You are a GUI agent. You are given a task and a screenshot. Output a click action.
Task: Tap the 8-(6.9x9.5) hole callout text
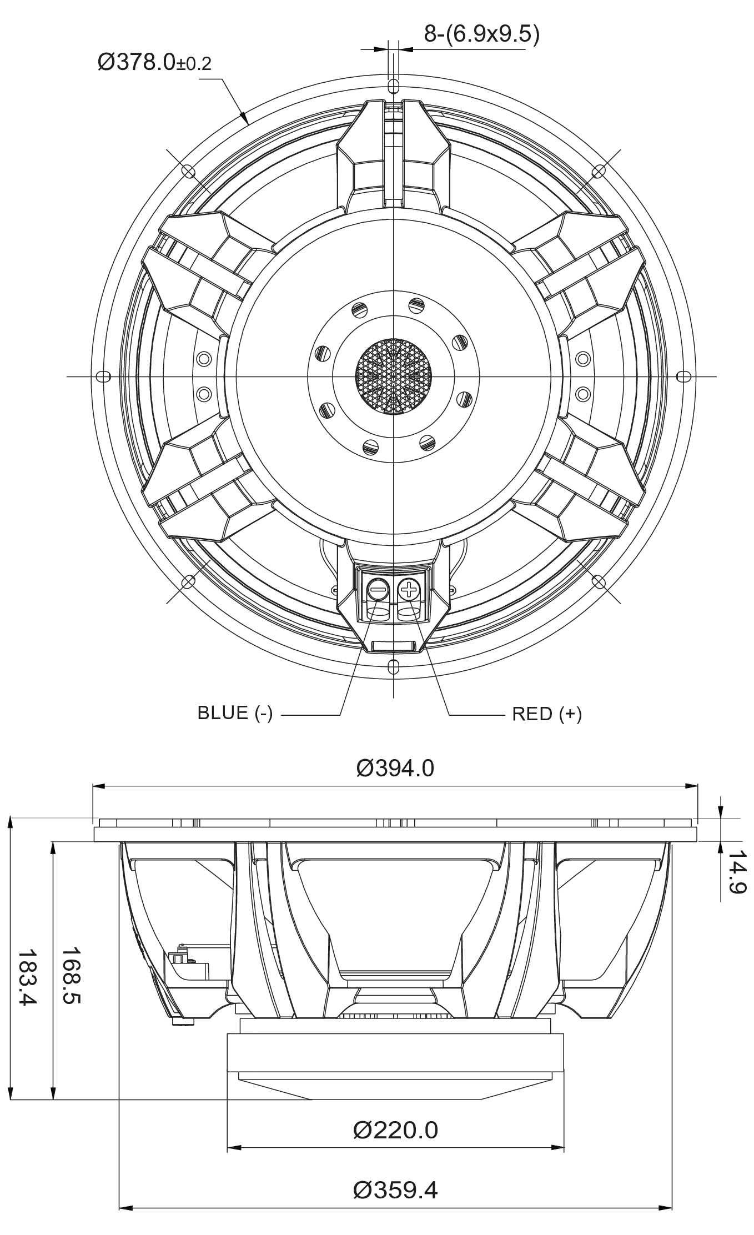click(481, 34)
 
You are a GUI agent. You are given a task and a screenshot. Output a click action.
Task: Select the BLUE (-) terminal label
click(235, 713)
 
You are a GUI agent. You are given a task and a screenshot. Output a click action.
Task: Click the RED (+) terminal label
click(547, 714)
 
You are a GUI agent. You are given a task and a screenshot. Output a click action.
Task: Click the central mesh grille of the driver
click(393, 376)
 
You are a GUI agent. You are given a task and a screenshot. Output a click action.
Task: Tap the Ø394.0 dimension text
click(395, 769)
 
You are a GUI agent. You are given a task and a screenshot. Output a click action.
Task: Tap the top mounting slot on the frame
click(393, 86)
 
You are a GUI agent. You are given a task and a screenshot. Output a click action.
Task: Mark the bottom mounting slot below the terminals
click(393, 666)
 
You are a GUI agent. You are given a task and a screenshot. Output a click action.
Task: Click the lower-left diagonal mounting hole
click(189, 581)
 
